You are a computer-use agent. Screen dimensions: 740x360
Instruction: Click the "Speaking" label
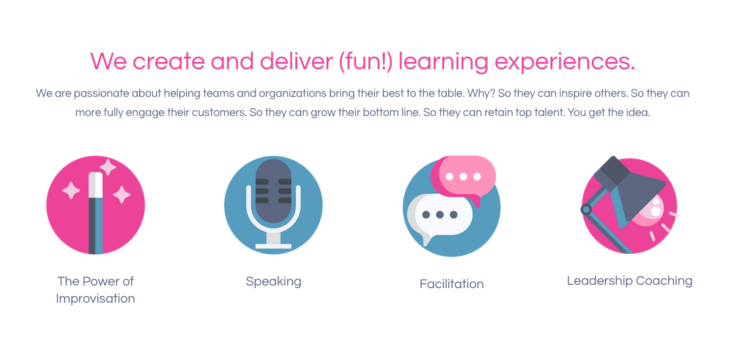point(273,282)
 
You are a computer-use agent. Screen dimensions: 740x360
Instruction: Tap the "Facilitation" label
point(451,284)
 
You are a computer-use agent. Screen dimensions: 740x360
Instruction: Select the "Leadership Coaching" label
point(629,281)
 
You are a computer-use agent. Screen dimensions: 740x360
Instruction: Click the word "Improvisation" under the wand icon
point(96,299)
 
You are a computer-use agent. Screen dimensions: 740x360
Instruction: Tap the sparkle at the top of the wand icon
point(108,167)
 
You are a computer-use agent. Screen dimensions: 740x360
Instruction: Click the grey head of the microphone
point(273,191)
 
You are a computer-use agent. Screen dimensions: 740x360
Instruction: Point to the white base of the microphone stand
point(273,246)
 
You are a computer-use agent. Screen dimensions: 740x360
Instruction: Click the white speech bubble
point(440,216)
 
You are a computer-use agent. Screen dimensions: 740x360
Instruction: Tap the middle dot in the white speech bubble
point(440,215)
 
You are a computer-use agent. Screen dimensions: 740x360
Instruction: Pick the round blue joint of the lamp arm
point(586,209)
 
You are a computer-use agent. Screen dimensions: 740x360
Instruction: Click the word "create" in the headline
point(169,61)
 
